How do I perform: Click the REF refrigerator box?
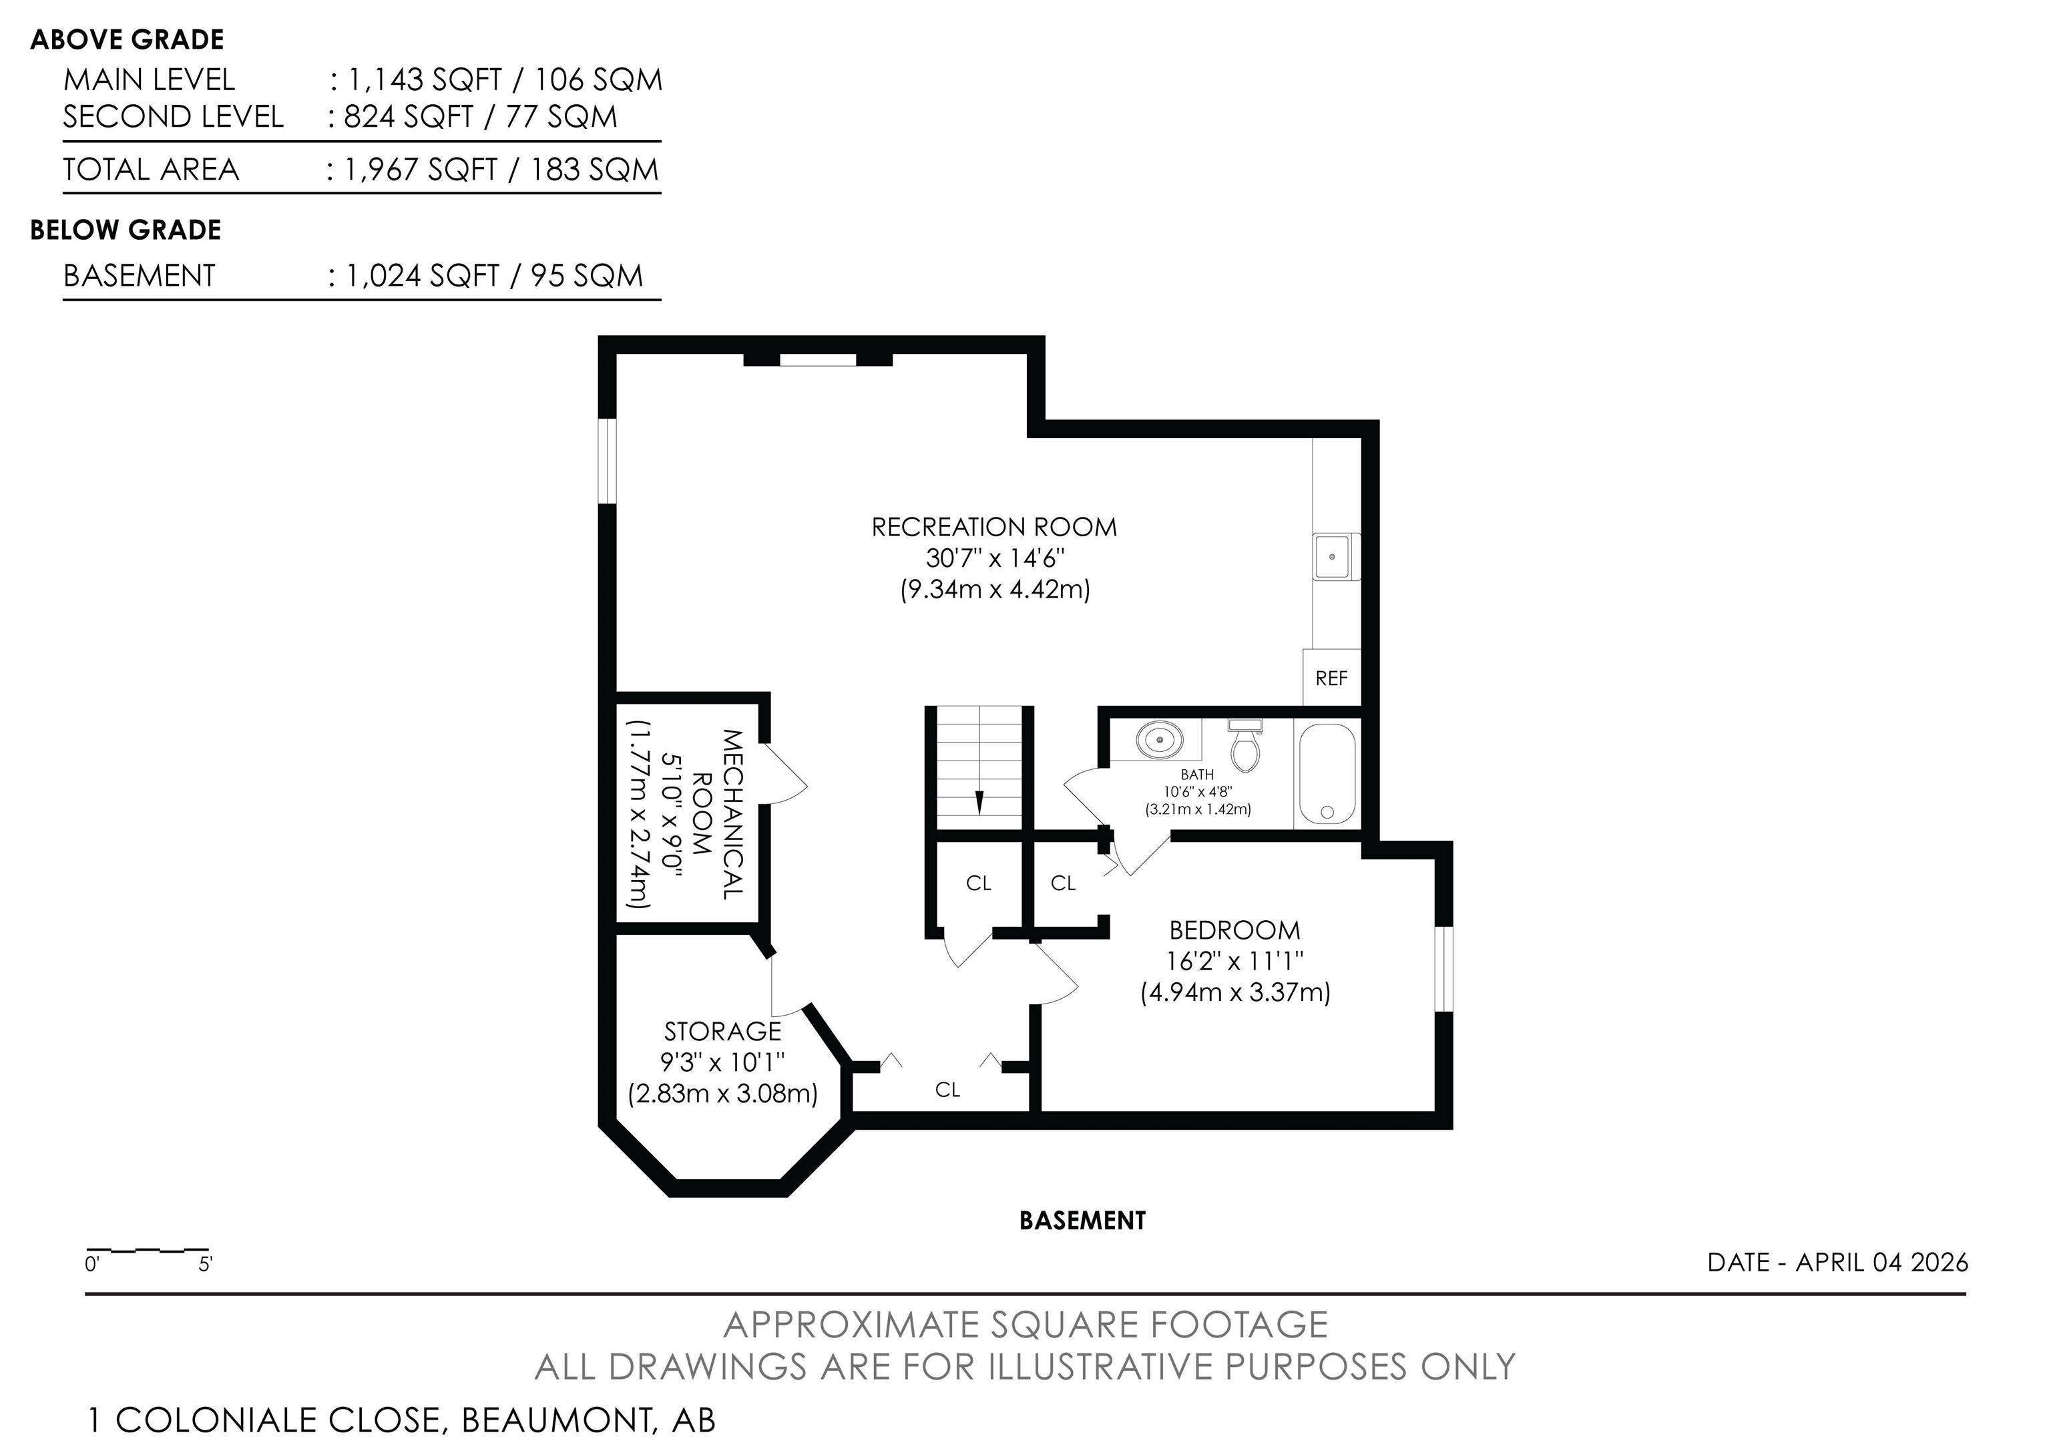coord(1331,677)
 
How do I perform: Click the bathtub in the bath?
coord(1327,773)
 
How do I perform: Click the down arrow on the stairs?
coord(979,801)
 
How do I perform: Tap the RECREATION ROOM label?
coord(994,527)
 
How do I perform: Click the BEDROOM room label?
coord(1234,930)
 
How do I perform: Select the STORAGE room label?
coord(722,1031)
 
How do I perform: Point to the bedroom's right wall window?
coord(1443,970)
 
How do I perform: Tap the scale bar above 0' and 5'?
coord(148,1251)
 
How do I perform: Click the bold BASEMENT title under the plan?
coord(1082,1221)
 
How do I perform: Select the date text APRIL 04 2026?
coord(1881,1262)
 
